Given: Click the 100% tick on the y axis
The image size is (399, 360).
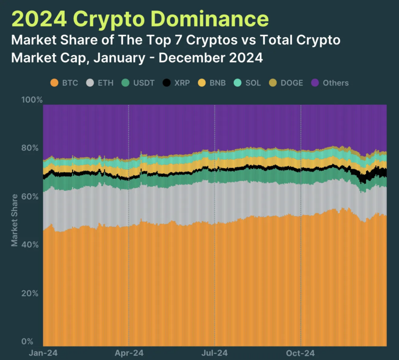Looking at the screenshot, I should [32, 100].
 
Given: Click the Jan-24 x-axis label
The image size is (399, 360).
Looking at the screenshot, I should [43, 352].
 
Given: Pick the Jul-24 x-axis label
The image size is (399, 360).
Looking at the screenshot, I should [215, 352].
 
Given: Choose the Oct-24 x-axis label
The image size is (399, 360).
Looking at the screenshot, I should [300, 352].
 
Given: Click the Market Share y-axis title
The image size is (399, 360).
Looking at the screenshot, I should [15, 220].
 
